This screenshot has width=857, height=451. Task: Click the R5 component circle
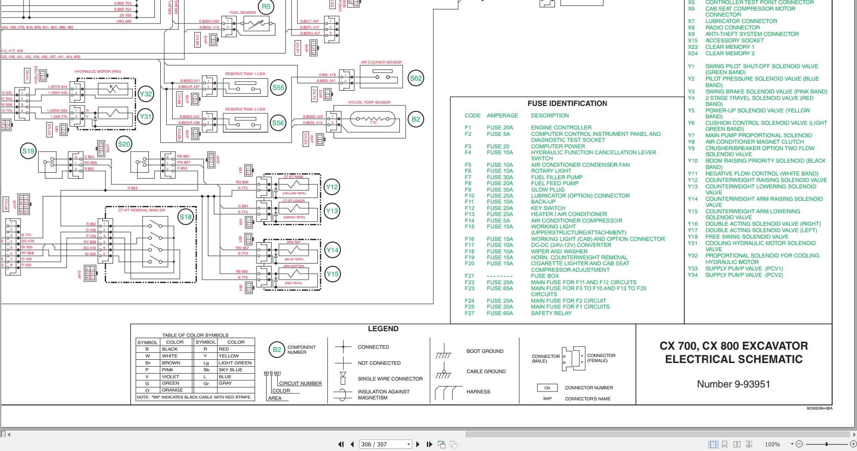(x=266, y=7)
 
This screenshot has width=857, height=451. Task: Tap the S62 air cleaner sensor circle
(x=416, y=78)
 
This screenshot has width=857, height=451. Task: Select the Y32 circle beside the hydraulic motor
(x=146, y=94)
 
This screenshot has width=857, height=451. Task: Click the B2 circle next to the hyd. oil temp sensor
(x=415, y=119)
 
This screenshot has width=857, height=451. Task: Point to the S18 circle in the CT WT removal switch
(x=186, y=217)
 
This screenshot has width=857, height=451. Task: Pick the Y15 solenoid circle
(x=332, y=274)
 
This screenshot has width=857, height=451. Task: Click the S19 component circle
(x=29, y=151)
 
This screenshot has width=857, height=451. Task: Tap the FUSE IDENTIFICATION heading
(x=567, y=104)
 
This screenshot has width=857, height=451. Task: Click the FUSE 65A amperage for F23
(x=500, y=288)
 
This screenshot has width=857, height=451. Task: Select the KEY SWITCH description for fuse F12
(x=548, y=208)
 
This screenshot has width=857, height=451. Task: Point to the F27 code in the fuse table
(x=469, y=313)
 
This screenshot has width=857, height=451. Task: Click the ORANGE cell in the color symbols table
(x=172, y=390)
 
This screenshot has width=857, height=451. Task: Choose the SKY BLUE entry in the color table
(x=230, y=370)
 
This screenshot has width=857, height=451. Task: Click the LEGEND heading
(x=383, y=329)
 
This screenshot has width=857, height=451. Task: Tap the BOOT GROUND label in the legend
(x=484, y=351)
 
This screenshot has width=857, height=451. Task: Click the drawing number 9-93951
(x=733, y=384)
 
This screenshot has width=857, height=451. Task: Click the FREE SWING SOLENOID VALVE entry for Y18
(x=746, y=237)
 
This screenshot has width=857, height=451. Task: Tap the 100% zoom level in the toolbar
(x=772, y=444)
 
